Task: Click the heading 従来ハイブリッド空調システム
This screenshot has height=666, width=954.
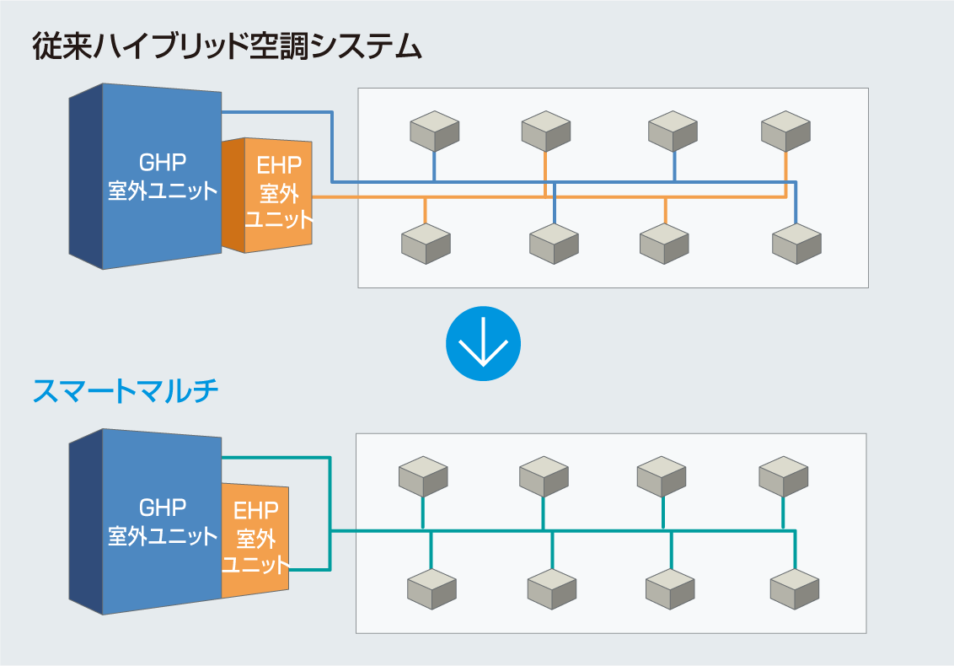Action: tap(227, 47)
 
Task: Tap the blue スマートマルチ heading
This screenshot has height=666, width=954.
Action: tap(126, 391)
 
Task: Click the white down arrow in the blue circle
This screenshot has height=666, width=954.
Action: tap(483, 343)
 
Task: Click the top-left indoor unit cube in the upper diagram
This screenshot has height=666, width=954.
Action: tap(434, 132)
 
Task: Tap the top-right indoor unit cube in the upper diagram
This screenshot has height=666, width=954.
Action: tap(785, 132)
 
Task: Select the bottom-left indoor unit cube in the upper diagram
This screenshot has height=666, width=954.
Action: tap(426, 244)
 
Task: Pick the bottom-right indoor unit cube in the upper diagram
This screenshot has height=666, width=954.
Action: tap(796, 244)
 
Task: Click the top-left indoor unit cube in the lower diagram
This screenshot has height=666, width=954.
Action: tap(423, 476)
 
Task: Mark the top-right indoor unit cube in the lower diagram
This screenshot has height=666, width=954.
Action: tap(783, 476)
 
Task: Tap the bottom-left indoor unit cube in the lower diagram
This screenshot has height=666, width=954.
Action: tap(431, 589)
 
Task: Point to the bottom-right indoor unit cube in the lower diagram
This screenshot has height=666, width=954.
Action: tap(795, 589)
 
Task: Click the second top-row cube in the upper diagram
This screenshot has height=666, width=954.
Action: tap(546, 132)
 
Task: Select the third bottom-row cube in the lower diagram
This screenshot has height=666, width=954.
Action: tap(670, 589)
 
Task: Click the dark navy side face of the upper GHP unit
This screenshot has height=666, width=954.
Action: tap(85, 176)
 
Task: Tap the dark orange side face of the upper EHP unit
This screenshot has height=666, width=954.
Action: tap(233, 195)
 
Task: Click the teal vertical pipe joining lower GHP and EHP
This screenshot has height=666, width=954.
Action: tap(330, 513)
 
